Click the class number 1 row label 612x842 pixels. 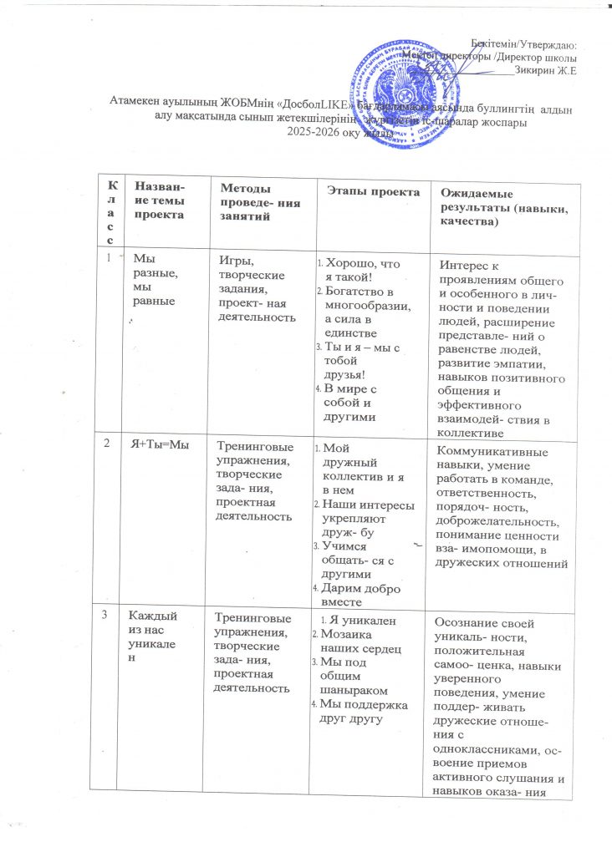110,259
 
